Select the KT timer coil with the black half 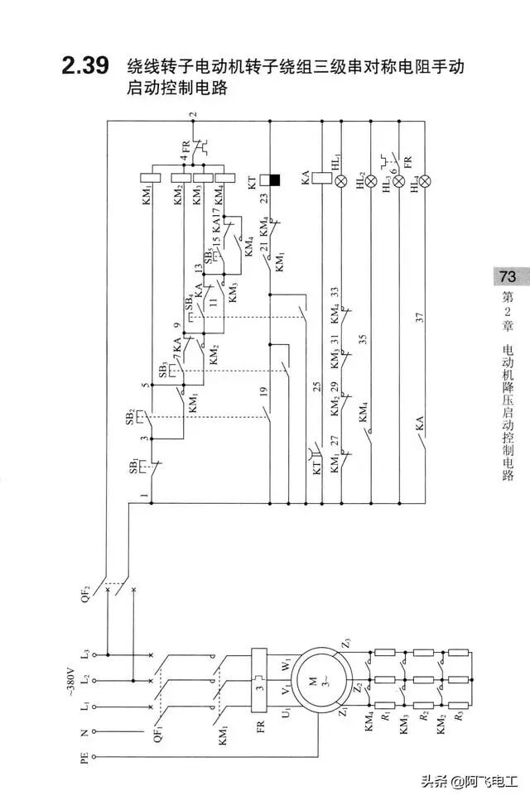pyautogui.click(x=270, y=179)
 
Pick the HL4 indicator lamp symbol pyautogui.click(x=426, y=180)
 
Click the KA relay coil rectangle pyautogui.click(x=316, y=178)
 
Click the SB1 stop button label pyautogui.click(x=133, y=468)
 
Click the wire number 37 pyautogui.click(x=422, y=317)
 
